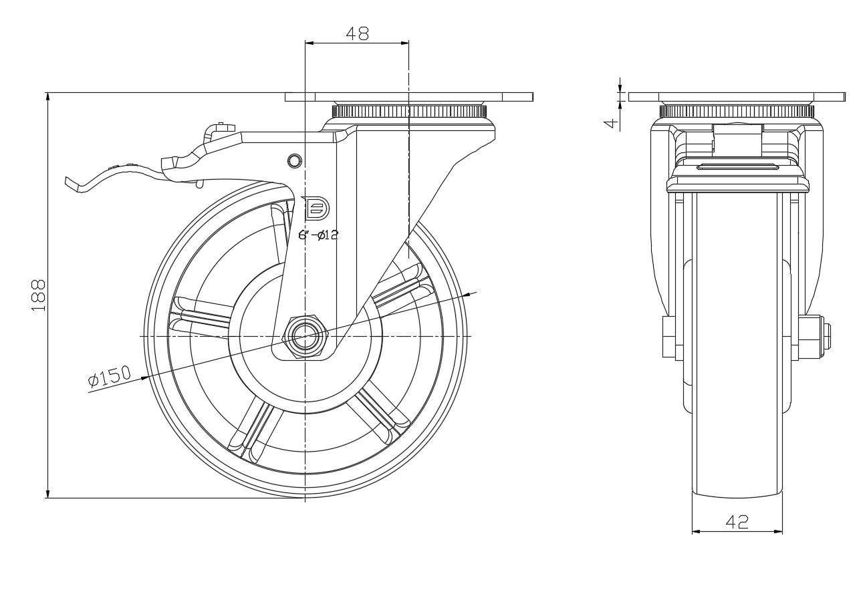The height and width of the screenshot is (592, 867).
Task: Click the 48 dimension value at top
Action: point(357,33)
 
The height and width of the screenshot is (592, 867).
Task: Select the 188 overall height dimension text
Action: point(39,295)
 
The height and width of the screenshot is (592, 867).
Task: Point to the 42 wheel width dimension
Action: point(737,522)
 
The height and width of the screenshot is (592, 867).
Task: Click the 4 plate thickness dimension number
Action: point(611,124)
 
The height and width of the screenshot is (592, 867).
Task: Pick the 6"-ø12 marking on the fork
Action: point(318,235)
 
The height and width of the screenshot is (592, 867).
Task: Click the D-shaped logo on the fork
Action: point(317,209)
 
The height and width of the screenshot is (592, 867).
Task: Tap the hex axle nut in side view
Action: point(306,336)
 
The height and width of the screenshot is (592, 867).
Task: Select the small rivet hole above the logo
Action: point(295,160)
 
